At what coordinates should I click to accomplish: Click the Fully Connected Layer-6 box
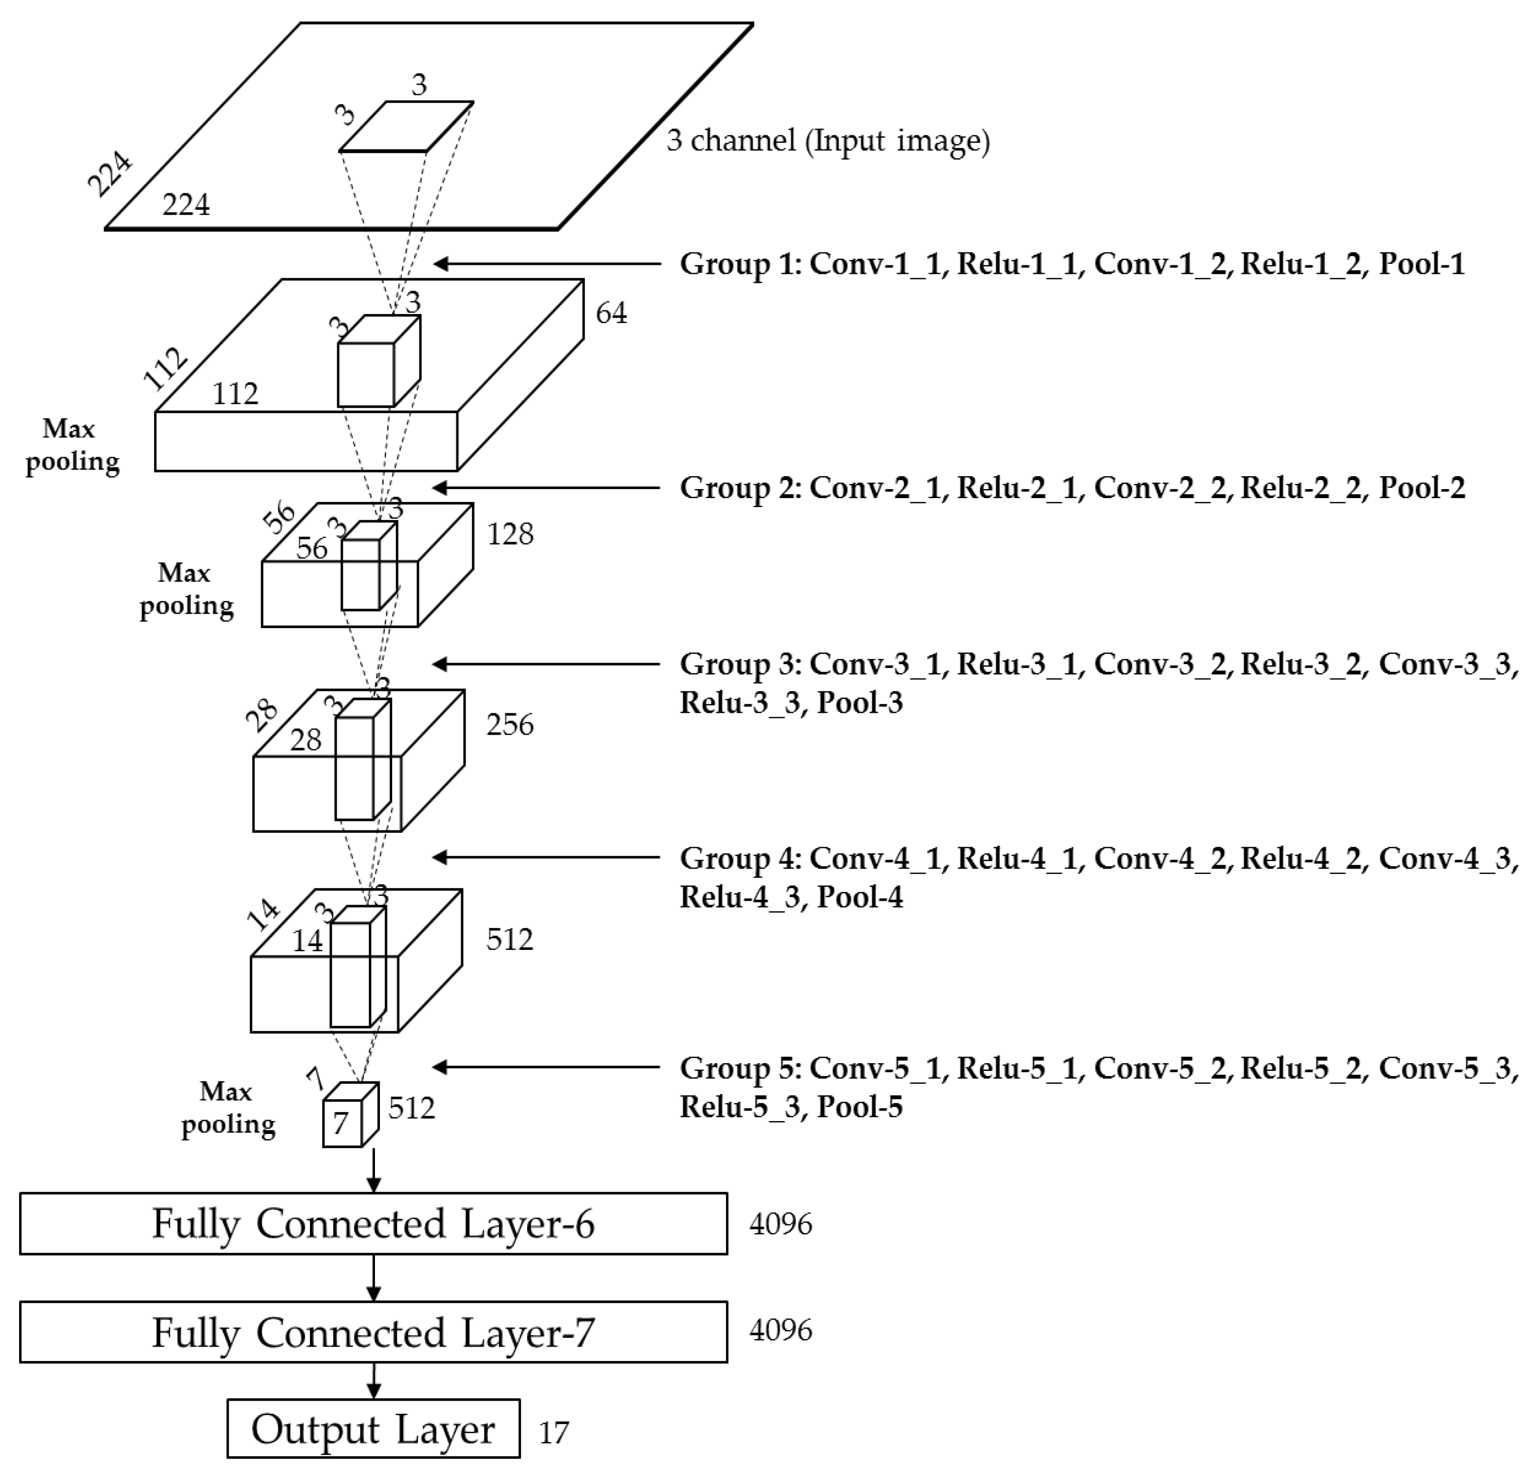pos(373,1223)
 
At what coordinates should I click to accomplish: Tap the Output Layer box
pos(373,1429)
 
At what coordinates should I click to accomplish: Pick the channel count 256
pos(509,725)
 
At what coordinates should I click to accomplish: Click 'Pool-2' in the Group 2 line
pos(1421,488)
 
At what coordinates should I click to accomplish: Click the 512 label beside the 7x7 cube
pos(411,1108)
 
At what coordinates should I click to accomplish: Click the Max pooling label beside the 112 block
pos(72,445)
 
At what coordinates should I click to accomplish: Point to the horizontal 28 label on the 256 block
pos(305,740)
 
